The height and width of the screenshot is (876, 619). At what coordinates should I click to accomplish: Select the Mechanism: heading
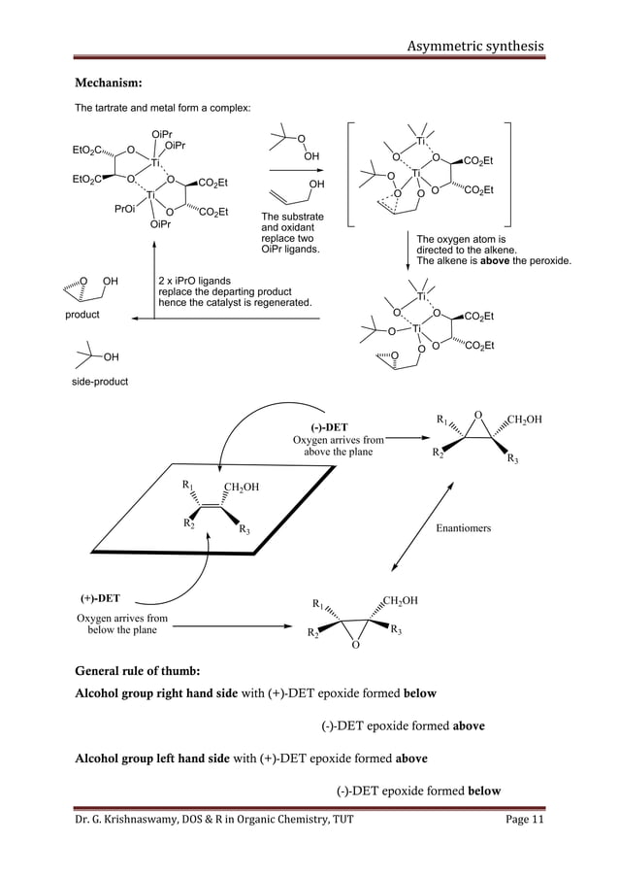113,83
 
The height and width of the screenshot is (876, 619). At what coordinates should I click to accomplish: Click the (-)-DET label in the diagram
329,426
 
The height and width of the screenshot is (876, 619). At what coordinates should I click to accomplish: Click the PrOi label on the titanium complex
127,208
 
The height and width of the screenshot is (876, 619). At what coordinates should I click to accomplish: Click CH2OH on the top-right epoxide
524,420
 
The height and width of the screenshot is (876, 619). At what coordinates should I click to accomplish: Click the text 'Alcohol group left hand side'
166,758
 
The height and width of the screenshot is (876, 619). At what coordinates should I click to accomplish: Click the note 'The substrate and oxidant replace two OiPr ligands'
293,233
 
